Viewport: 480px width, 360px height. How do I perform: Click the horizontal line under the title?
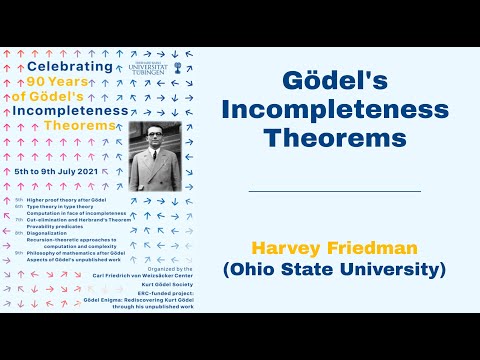click(333, 190)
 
